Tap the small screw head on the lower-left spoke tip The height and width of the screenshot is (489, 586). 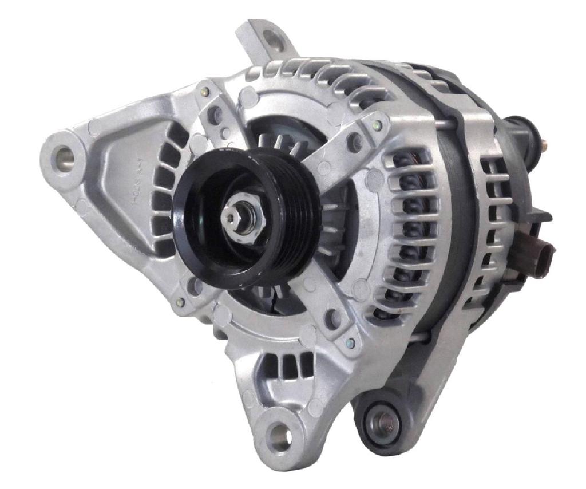click(x=180, y=302)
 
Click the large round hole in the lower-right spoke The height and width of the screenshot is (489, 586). click(x=332, y=318)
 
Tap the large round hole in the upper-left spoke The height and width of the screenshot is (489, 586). click(x=216, y=115)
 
